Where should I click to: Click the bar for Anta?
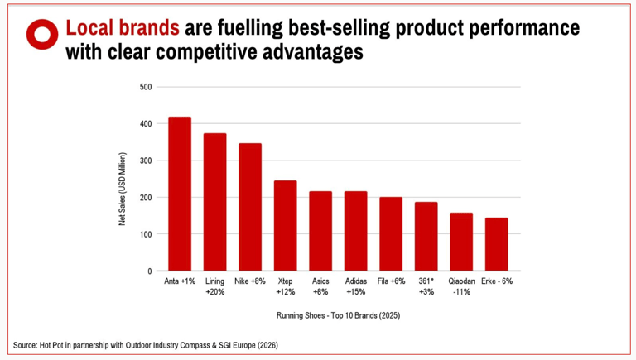[x=179, y=194]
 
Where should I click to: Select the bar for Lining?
[x=214, y=203]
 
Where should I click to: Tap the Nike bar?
[x=250, y=208]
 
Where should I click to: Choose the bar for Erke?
[x=497, y=244]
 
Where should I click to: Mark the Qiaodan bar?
[x=461, y=242]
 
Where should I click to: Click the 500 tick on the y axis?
[x=145, y=87]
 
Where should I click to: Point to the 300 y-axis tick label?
[x=145, y=161]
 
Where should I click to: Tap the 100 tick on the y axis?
[x=145, y=234]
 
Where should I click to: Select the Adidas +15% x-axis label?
[x=355, y=286]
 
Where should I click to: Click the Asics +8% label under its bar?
[x=320, y=286]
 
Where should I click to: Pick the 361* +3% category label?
[x=426, y=286]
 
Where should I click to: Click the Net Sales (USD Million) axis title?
[x=122, y=190]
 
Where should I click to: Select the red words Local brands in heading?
[x=123, y=27]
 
